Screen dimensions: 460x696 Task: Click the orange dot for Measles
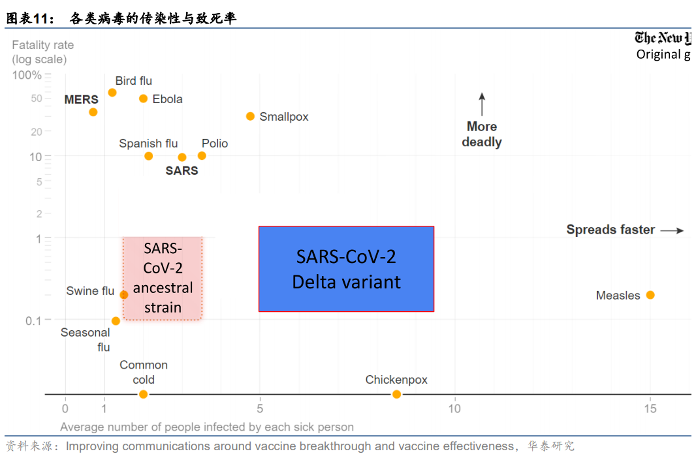650,295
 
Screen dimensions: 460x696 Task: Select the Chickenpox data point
396,394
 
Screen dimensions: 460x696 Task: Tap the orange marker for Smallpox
250,116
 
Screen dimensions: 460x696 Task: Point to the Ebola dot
144,99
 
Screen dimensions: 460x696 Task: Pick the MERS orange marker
93,112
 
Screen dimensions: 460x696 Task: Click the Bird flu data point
112,93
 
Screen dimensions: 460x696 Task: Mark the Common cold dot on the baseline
144,394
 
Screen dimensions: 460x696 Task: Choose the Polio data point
202,156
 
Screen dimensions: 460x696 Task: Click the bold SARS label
182,171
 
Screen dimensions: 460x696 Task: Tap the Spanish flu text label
148,144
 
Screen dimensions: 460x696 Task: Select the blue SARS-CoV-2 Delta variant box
346,269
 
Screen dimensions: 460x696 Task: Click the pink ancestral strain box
163,278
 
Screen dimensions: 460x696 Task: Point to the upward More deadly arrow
482,104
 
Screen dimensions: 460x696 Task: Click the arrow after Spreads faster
672,230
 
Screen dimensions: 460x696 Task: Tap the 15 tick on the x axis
650,409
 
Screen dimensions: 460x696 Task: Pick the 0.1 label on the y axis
33,320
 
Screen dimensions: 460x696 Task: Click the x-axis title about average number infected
207,427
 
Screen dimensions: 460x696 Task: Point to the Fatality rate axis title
43,52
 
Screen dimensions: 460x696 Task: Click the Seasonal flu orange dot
116,321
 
